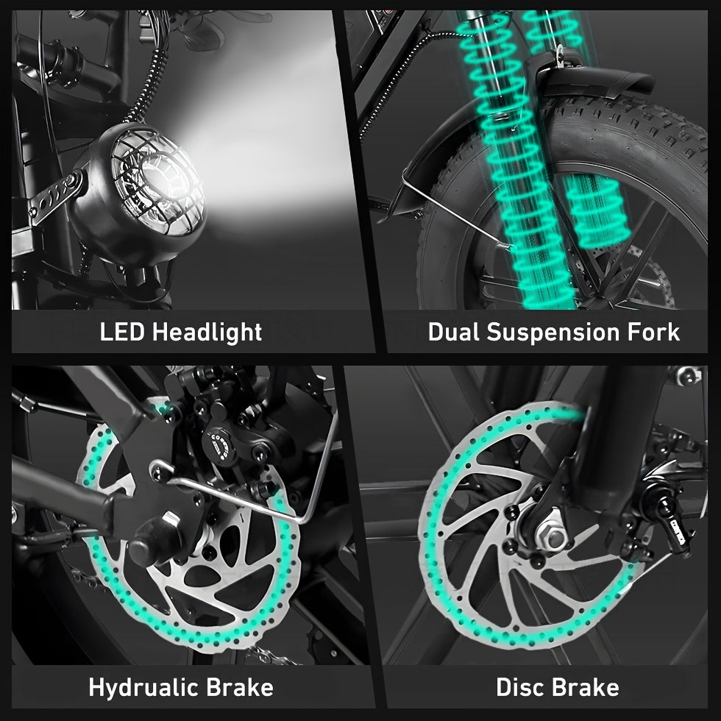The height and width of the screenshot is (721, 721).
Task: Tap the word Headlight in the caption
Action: [207, 332]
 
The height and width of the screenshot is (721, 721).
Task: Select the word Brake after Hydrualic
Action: [240, 687]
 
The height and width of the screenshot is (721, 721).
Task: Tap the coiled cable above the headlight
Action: [146, 82]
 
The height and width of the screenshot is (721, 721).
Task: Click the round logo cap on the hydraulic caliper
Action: [219, 444]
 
